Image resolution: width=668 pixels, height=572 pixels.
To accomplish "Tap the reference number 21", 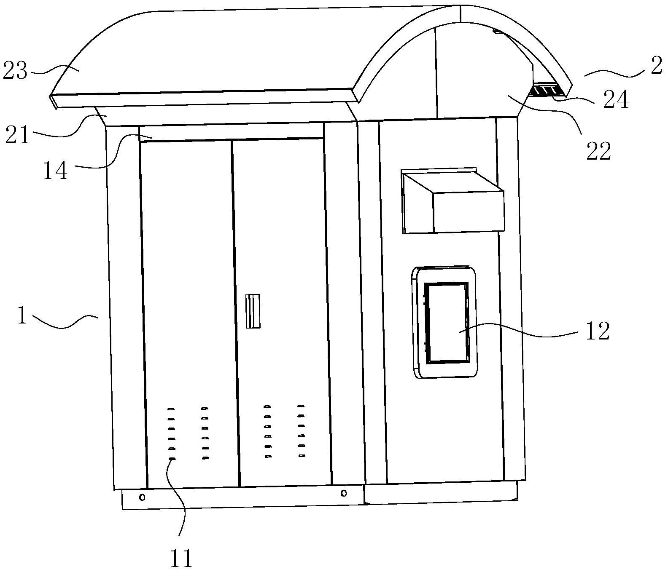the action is [x=17, y=136].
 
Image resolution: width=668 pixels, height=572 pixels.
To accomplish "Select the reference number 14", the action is [x=55, y=171].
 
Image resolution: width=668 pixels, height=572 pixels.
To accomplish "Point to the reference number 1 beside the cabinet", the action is [x=22, y=316].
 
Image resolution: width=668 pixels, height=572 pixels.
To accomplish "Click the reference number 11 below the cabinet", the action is [x=181, y=558].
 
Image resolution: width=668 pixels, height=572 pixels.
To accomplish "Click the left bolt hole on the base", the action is [x=143, y=497].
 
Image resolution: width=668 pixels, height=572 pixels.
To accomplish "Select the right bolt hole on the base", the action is [x=344, y=493].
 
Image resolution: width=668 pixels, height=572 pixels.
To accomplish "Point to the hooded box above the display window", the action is [x=453, y=202].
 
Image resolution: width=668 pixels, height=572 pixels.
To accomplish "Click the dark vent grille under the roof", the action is [x=547, y=91].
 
